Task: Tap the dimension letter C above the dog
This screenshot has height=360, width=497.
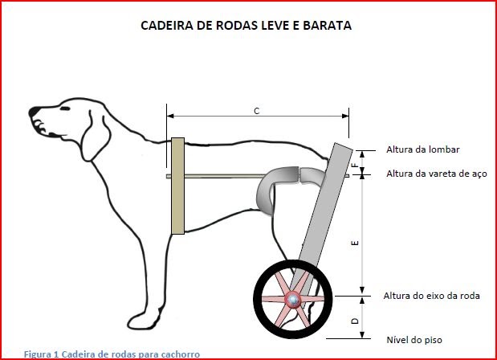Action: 257,111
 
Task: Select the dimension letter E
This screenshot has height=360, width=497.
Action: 356,243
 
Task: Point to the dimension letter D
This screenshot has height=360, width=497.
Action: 356,321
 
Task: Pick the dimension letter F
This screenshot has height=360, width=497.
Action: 356,165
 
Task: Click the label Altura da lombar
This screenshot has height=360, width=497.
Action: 423,149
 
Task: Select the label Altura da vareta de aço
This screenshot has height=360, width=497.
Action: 437,174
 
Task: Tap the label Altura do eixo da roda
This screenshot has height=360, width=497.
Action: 431,296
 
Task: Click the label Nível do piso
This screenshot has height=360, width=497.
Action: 414,340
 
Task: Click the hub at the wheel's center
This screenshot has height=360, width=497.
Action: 292,300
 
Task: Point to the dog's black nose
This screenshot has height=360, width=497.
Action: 34,112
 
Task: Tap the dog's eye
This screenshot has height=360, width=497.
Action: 65,108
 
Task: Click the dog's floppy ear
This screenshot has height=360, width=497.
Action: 96,137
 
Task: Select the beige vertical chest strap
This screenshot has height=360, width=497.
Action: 177,186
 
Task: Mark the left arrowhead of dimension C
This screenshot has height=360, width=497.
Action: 170,116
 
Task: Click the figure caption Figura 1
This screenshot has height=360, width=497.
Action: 42,354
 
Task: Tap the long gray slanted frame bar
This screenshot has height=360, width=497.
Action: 321,215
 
